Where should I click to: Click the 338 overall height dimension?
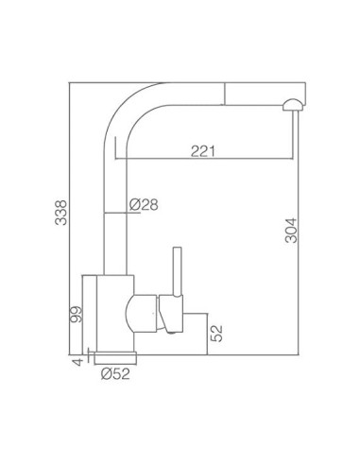pos(61,213)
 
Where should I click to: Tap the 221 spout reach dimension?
pos(203,151)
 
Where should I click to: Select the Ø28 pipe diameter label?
pos(144,205)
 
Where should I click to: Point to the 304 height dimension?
pos(291,231)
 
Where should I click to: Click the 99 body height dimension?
pos(76,314)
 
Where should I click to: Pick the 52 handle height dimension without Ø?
pos(216,334)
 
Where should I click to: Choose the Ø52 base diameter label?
pos(115,374)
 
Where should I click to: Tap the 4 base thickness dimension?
pos(77,361)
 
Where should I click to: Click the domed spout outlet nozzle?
pos(293,105)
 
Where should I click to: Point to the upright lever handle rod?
pos(178,271)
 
